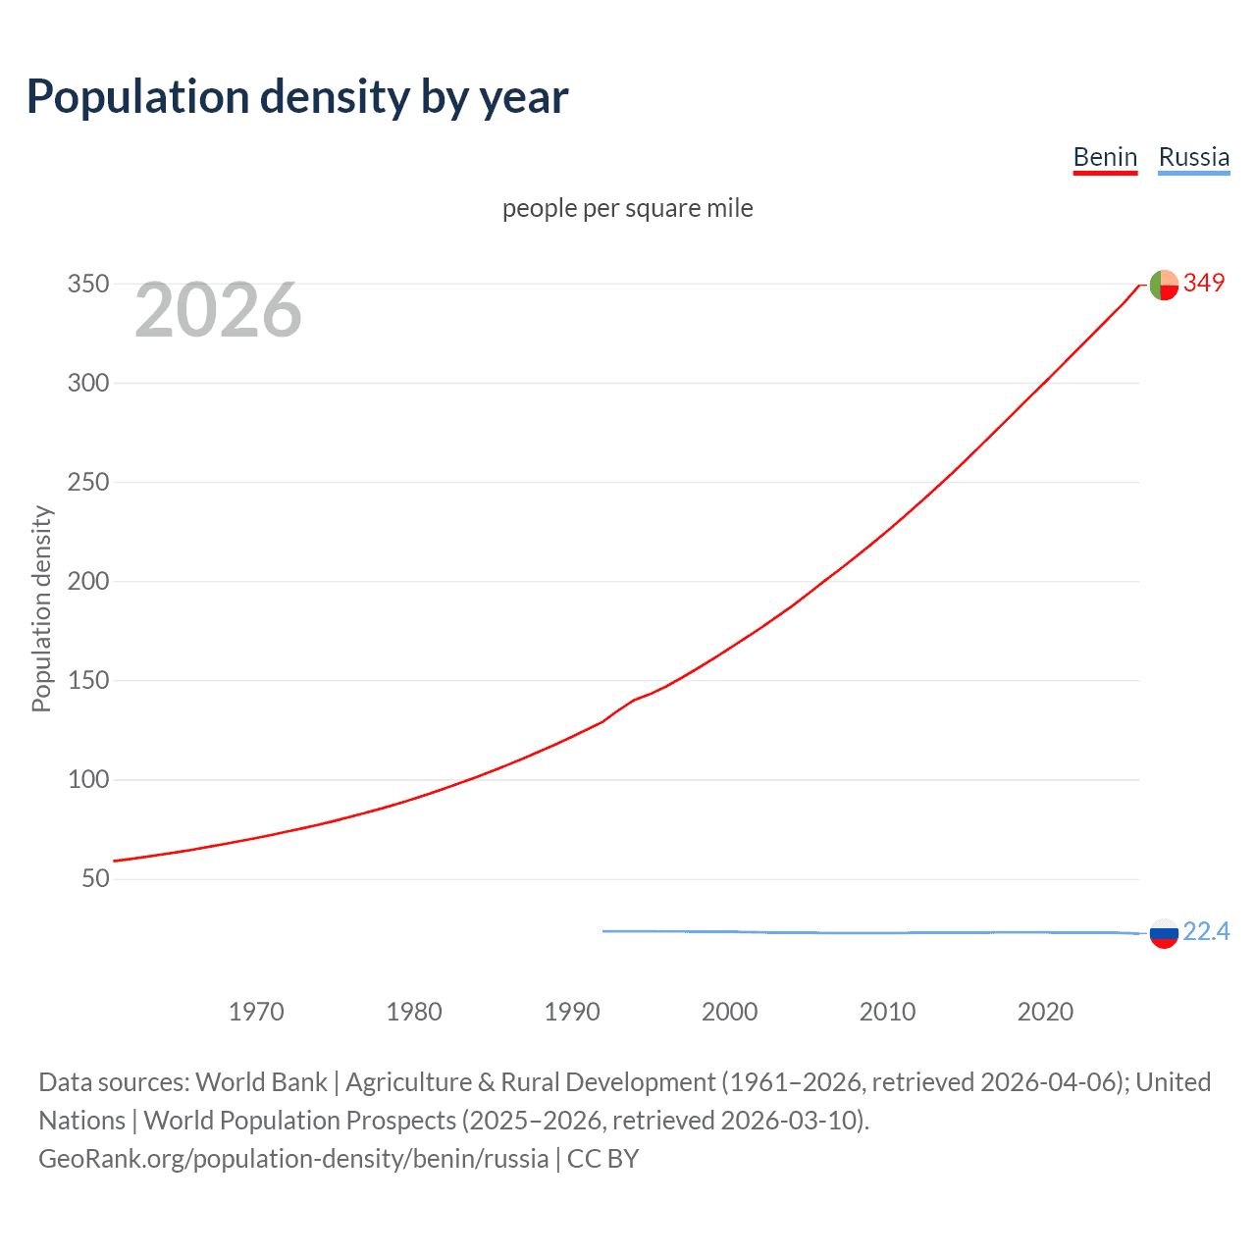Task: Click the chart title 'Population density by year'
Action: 297,97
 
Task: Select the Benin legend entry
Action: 1105,157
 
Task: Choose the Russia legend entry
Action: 1193,157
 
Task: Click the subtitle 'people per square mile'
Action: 627,208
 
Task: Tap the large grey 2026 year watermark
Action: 218,310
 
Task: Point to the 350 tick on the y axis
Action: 88,284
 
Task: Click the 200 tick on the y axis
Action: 88,581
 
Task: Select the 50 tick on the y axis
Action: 95,878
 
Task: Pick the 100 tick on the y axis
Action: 88,779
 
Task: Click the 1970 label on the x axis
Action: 256,1012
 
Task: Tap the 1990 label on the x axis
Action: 572,1012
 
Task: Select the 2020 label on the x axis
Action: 1045,1012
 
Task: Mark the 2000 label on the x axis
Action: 729,1012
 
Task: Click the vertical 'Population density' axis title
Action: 41,608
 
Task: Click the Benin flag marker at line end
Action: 1164,285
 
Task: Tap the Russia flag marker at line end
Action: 1164,933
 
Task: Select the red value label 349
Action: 1204,283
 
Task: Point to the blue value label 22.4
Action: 1206,931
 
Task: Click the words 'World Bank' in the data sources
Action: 261,1081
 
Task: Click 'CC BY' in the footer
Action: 602,1158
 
